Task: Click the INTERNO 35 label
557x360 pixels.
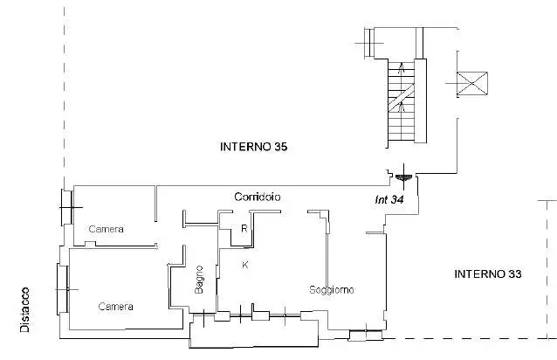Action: tap(254, 147)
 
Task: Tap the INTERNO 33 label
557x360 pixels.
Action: tap(488, 274)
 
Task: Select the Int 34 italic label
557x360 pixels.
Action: tap(389, 200)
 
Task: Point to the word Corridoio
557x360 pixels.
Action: tap(258, 197)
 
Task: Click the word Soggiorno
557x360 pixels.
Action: tap(332, 290)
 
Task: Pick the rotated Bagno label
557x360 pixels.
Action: tap(199, 280)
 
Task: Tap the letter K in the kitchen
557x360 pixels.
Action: tap(245, 265)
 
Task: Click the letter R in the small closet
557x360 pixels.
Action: tap(244, 229)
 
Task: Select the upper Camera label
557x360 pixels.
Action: tap(106, 229)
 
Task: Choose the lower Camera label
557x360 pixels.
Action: tap(115, 307)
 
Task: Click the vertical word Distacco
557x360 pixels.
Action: tap(24, 310)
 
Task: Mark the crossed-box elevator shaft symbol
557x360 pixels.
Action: tap(472, 84)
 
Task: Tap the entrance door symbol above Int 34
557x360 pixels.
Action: tap(403, 177)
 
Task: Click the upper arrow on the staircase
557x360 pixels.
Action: tap(402, 68)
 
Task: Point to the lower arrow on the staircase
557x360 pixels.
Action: tap(402, 107)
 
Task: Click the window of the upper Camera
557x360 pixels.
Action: tap(67, 208)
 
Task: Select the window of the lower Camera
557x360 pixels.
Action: tap(63, 289)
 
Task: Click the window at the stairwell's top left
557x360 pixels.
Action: tap(370, 43)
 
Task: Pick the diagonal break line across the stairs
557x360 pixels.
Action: tap(402, 96)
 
